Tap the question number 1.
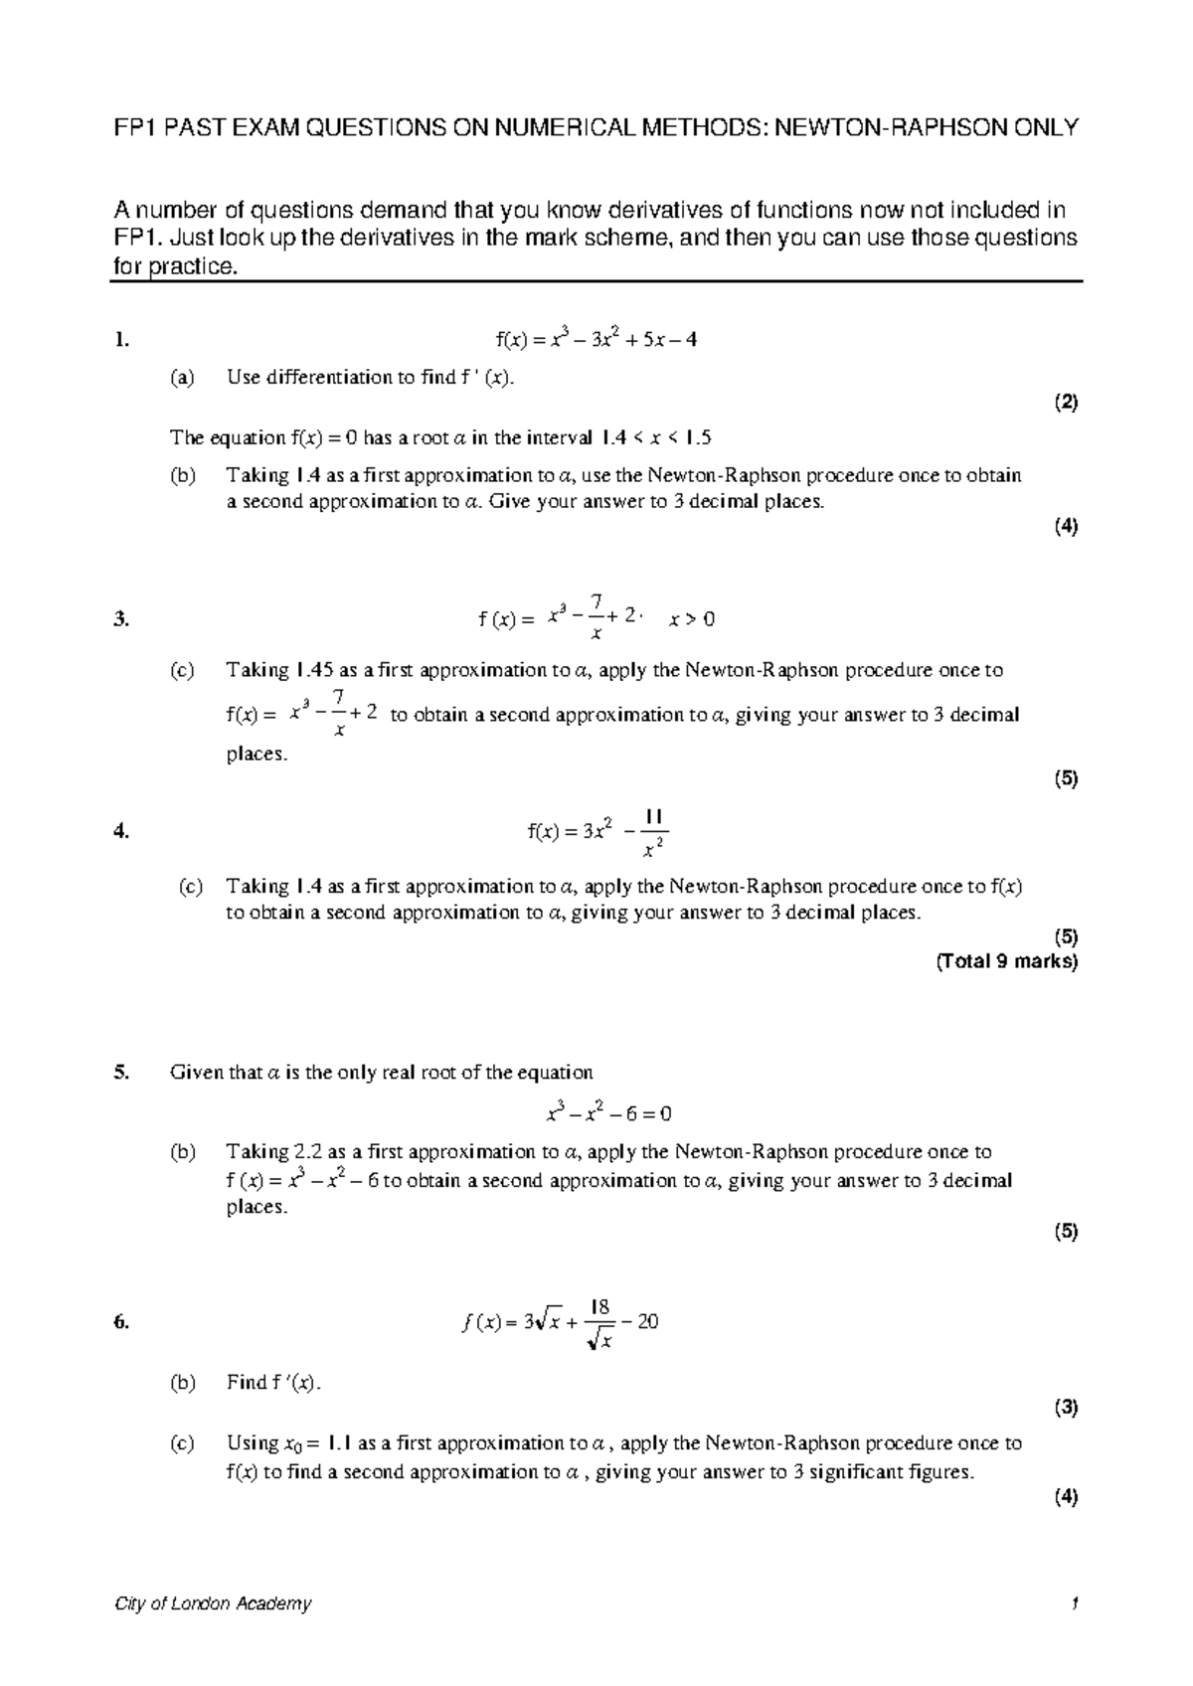(121, 340)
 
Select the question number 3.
(121, 620)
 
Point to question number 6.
(121, 1322)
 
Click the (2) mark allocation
(1067, 403)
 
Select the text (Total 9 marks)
(1006, 961)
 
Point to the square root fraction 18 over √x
(599, 1323)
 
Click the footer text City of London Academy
(213, 1603)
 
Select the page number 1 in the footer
(1074, 1603)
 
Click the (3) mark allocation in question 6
(1067, 1407)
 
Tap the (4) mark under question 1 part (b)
(1067, 527)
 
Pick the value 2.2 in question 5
(306, 1152)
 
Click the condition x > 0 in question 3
(692, 620)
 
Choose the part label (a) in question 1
(182, 377)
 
